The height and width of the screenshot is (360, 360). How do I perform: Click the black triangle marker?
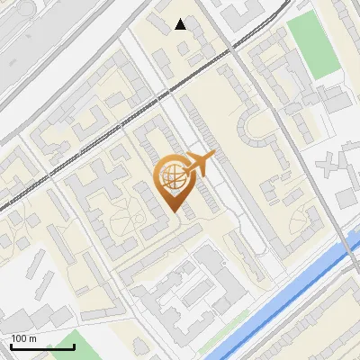(181, 24)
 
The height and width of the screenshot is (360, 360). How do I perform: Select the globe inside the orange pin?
(172, 177)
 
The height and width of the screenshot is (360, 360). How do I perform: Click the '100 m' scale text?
(23, 338)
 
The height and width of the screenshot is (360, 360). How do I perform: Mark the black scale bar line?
(42, 346)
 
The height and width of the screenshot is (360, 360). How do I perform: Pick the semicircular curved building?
(255, 133)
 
